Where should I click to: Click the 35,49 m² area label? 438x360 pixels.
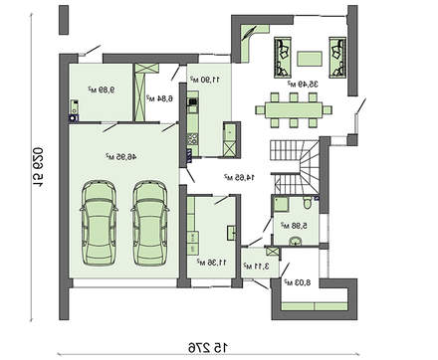(310, 84)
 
